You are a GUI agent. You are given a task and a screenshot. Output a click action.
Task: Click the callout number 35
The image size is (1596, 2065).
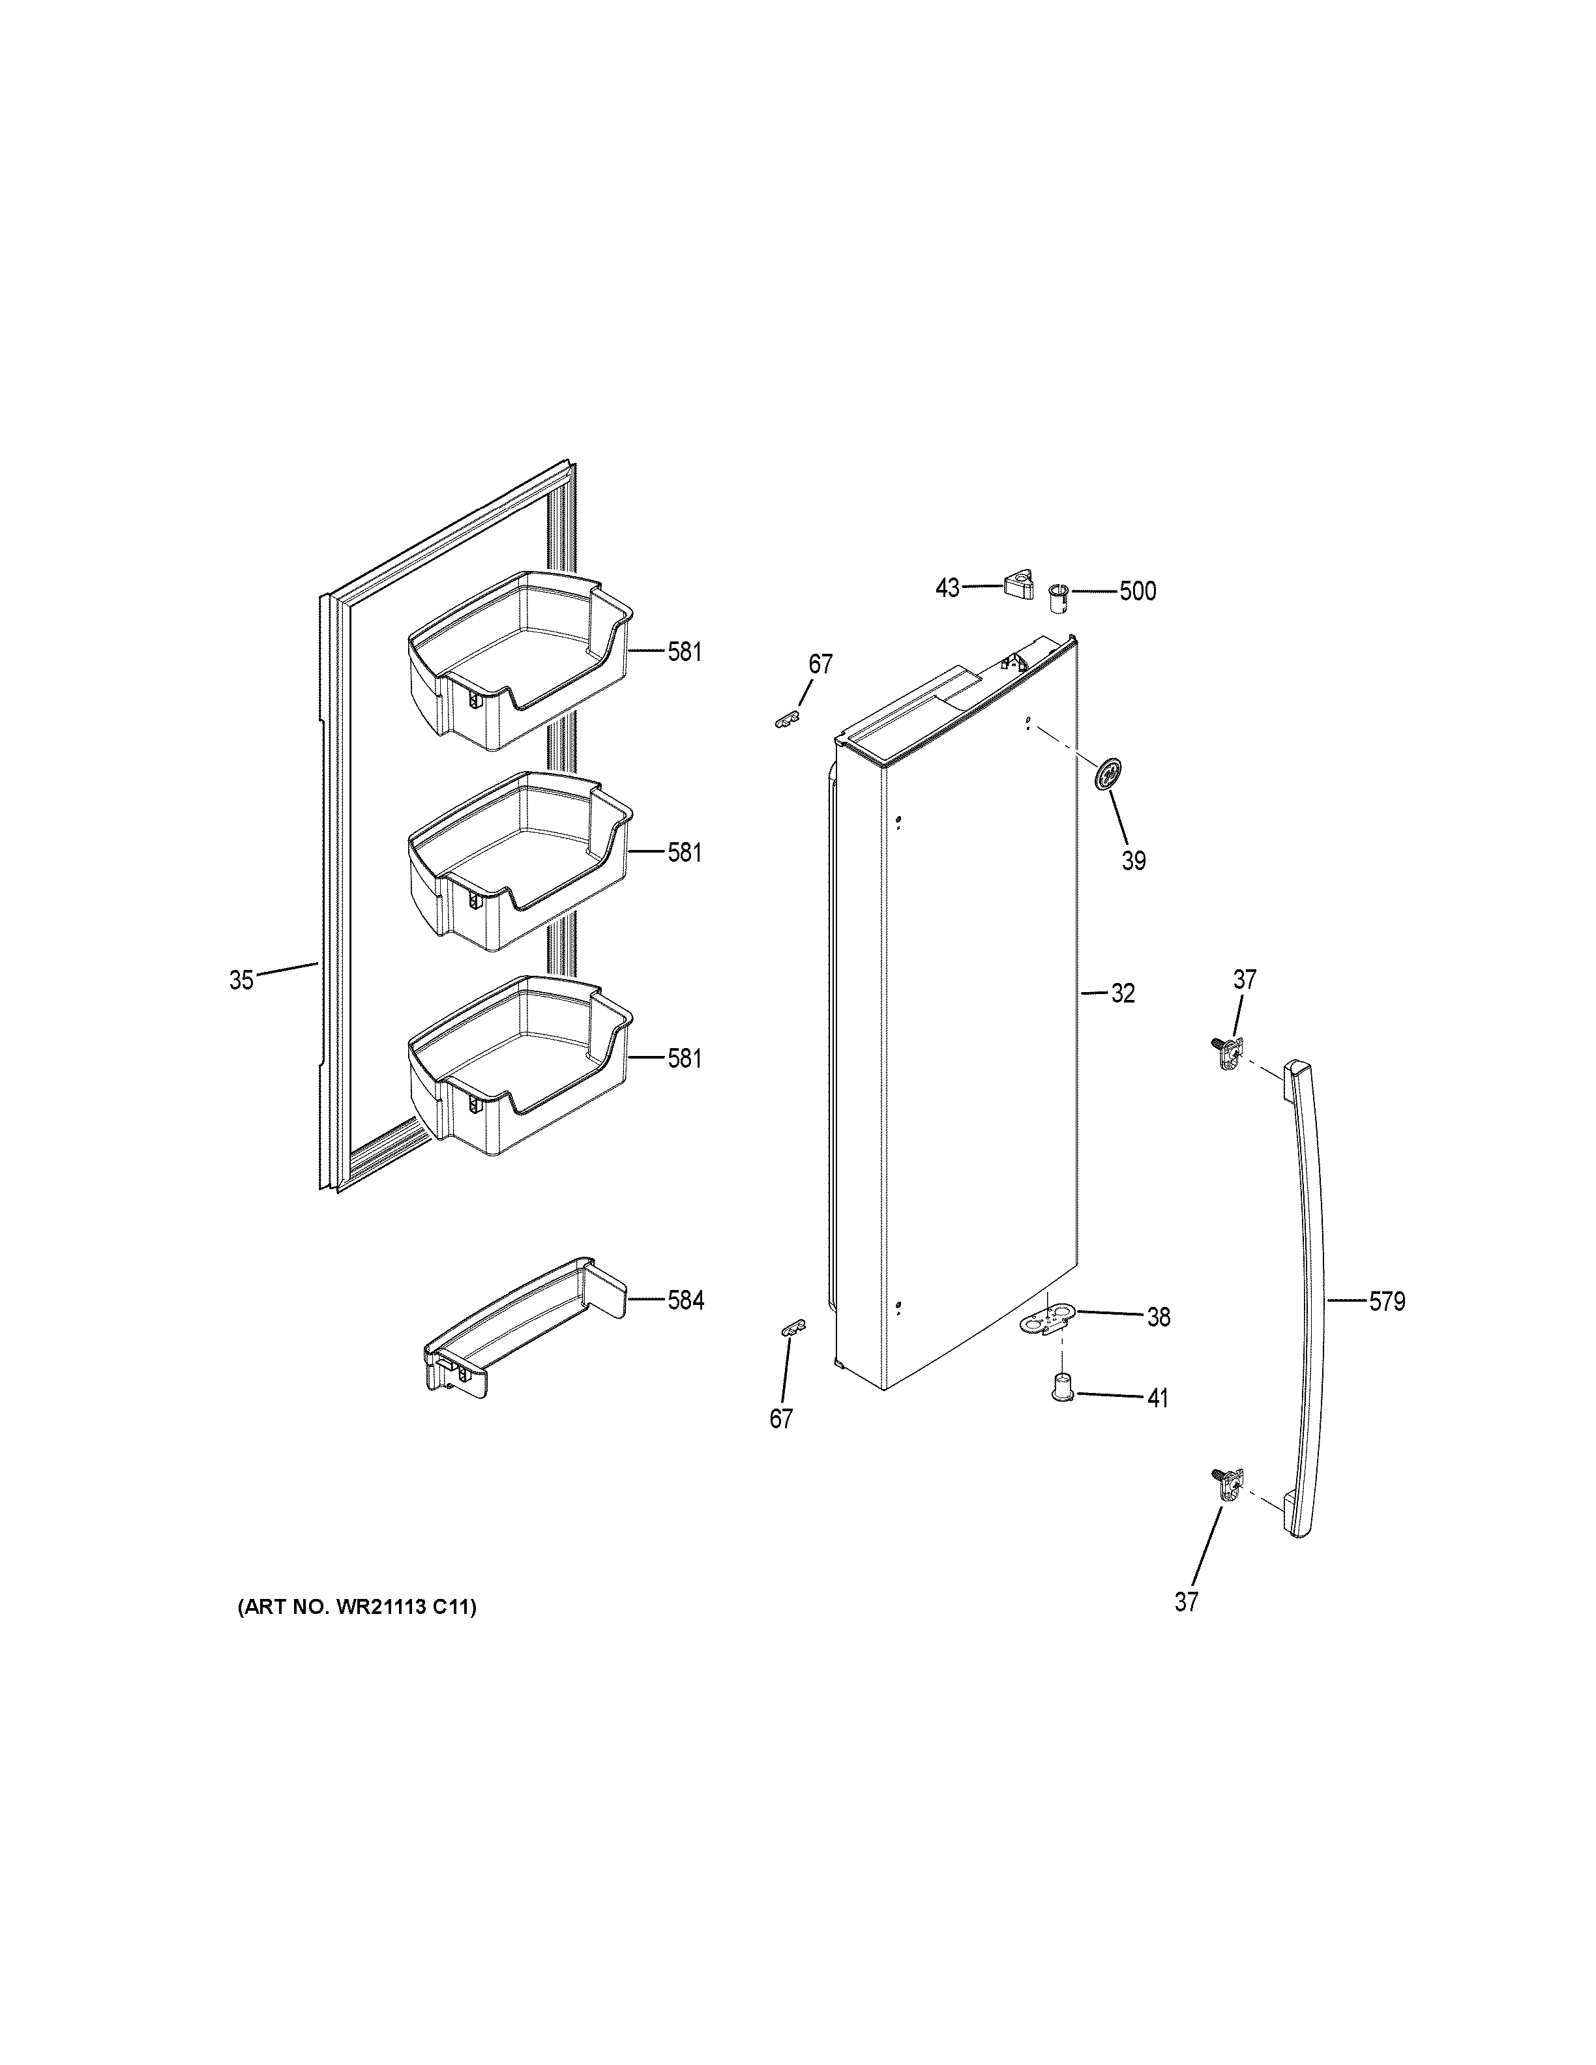pyautogui.click(x=241, y=980)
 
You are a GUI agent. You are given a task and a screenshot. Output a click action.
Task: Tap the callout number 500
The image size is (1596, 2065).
pyautogui.click(x=1138, y=592)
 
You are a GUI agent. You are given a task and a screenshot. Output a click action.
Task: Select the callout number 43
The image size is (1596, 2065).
pyautogui.click(x=947, y=588)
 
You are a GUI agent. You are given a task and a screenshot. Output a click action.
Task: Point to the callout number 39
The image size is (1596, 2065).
pyautogui.click(x=1134, y=860)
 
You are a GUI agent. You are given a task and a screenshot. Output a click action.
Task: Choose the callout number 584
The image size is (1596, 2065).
pyautogui.click(x=685, y=1301)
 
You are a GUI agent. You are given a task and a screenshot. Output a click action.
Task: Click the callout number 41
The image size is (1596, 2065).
pyautogui.click(x=1157, y=1398)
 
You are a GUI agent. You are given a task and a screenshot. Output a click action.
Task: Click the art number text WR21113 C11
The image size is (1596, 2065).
pyautogui.click(x=357, y=1606)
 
